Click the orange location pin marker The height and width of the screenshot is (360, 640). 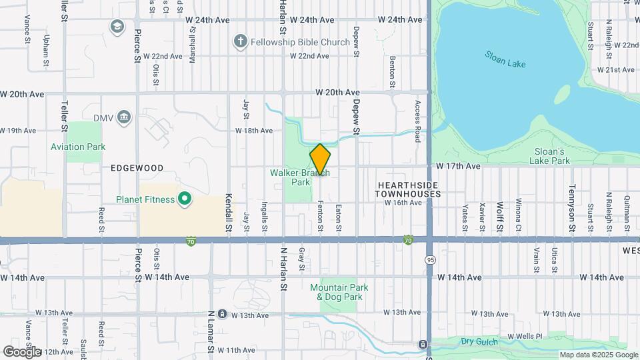pyautogui.click(x=320, y=159)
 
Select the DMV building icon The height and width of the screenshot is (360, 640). pyautogui.click(x=124, y=118)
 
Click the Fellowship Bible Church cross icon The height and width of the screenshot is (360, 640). pyautogui.click(x=240, y=42)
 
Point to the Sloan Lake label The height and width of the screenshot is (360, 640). pyautogui.click(x=505, y=59)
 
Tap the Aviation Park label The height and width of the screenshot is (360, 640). pyautogui.click(x=78, y=147)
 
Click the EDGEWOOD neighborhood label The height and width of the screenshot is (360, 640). pyautogui.click(x=137, y=169)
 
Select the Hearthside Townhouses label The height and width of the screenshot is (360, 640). pyautogui.click(x=409, y=189)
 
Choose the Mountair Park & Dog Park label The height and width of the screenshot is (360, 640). pyautogui.click(x=340, y=292)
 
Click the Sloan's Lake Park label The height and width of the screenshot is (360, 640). pyautogui.click(x=550, y=156)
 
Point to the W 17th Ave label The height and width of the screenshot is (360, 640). pyautogui.click(x=459, y=165)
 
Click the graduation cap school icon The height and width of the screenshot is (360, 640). pyautogui.click(x=117, y=26)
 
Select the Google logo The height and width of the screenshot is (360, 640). pyautogui.click(x=21, y=351)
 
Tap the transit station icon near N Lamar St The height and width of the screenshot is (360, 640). pyautogui.click(x=221, y=314)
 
